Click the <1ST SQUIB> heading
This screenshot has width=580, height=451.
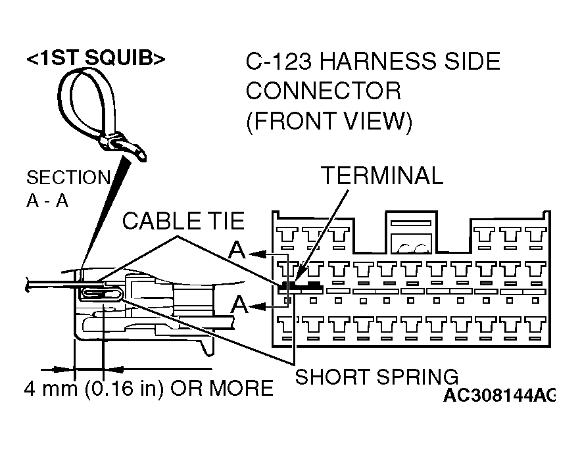tap(95, 59)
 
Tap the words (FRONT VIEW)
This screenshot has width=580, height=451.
tap(329, 122)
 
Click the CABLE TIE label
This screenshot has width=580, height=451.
tap(183, 221)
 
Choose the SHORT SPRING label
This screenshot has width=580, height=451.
tap(377, 377)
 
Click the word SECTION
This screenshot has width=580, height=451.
tap(68, 178)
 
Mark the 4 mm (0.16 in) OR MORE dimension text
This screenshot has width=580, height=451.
tap(149, 388)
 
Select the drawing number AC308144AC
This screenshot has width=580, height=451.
tap(498, 395)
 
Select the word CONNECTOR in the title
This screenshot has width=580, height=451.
tap(323, 91)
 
